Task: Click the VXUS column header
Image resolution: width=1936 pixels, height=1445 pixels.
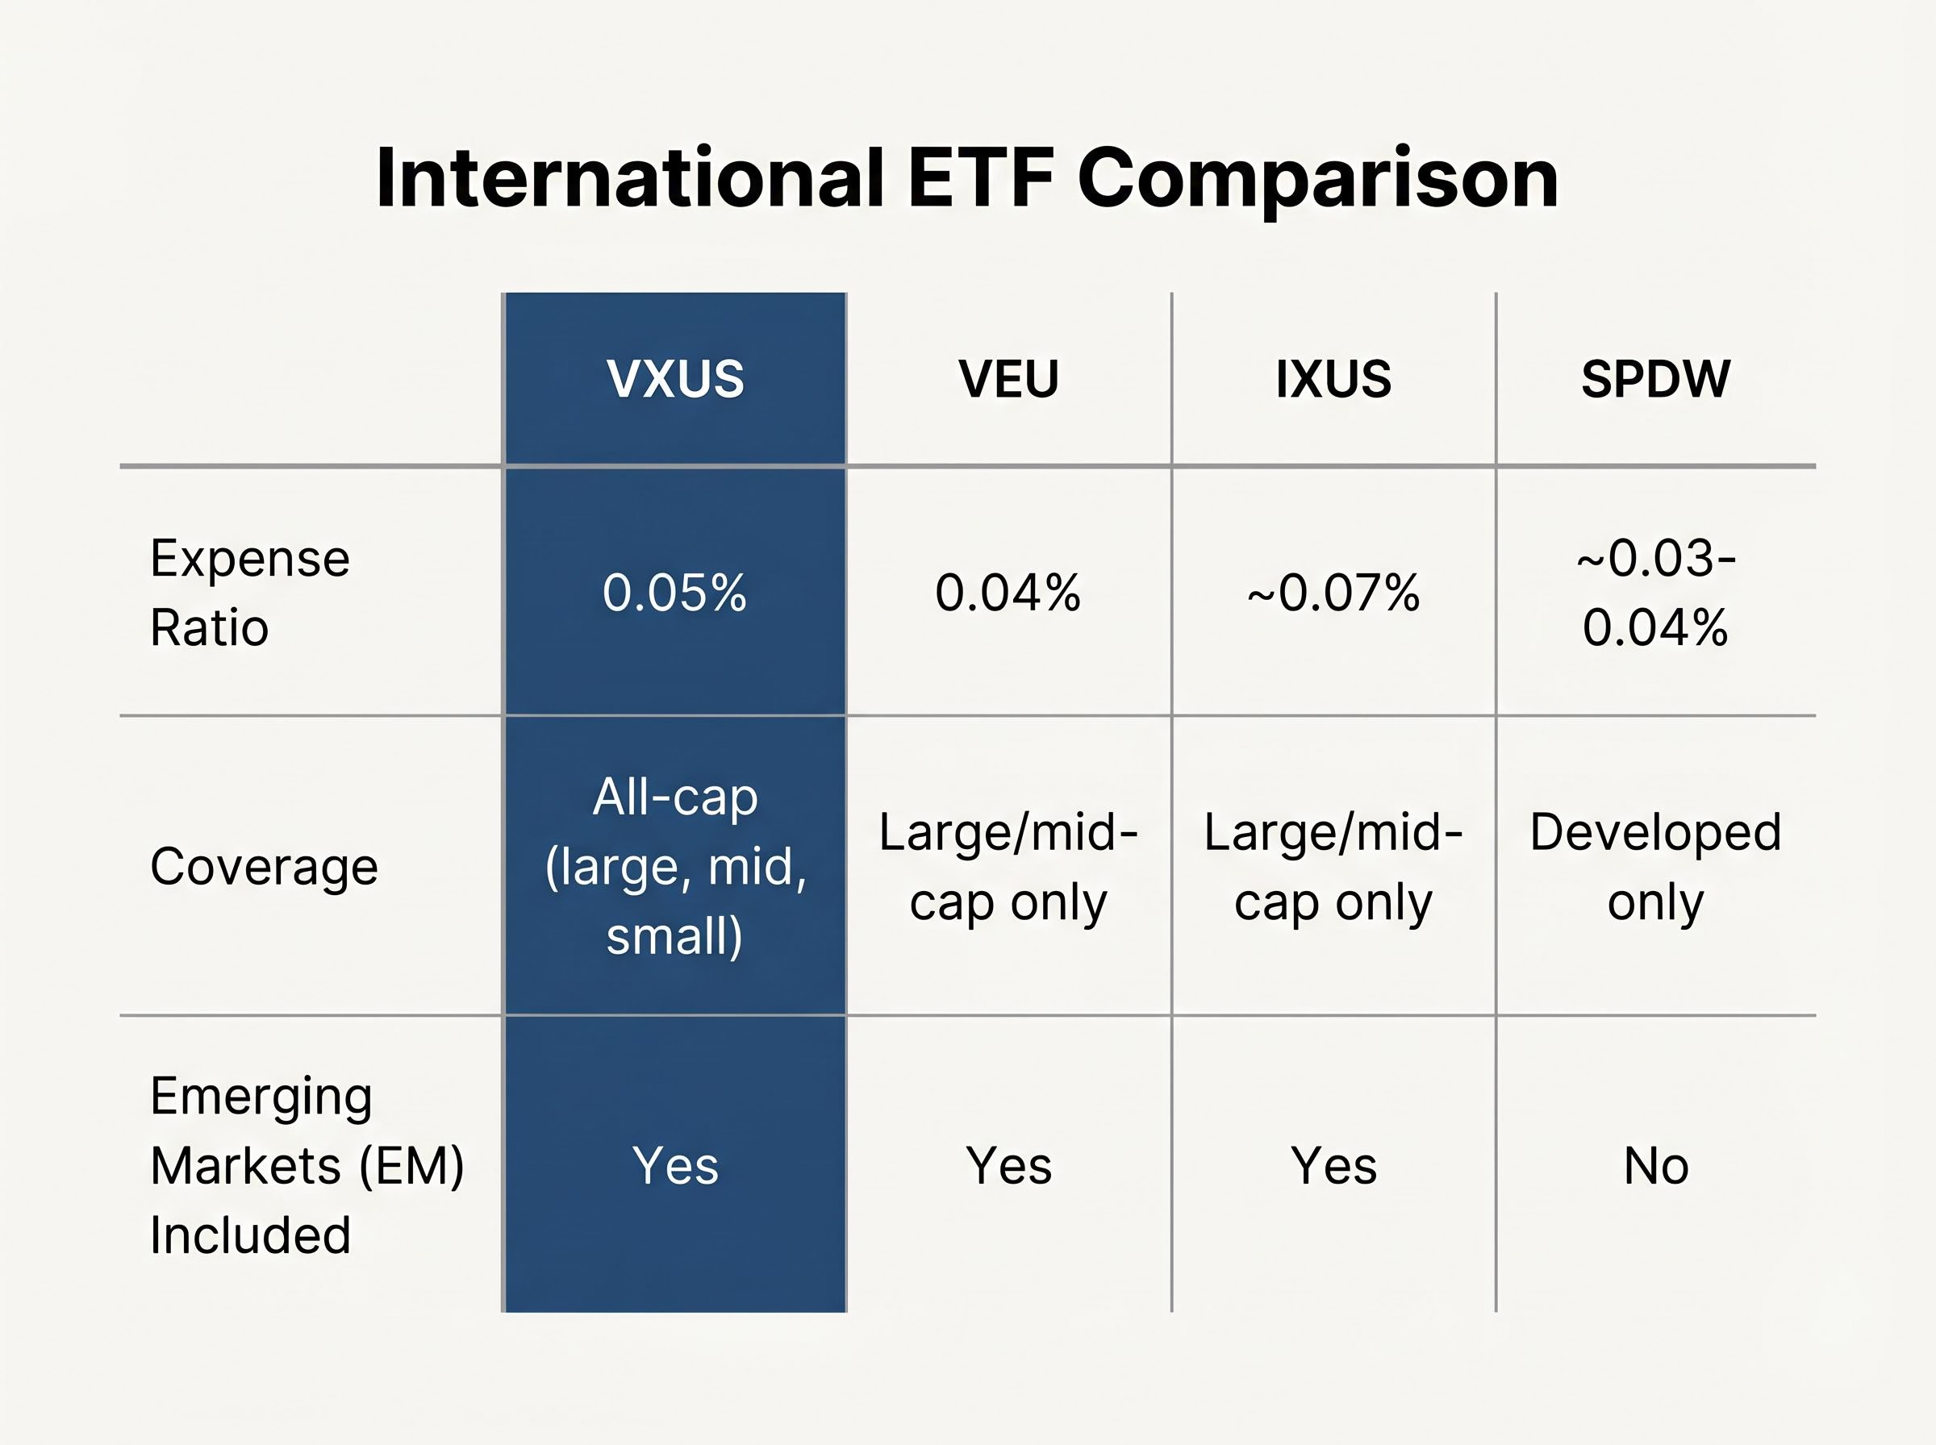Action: pos(674,379)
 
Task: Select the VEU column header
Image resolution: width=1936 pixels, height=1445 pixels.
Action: pos(1008,379)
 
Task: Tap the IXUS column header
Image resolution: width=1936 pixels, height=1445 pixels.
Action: pos(1333,379)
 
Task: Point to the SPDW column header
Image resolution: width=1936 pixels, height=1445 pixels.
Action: pos(1655,379)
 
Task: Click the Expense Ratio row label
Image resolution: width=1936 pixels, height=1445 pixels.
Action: pos(249,592)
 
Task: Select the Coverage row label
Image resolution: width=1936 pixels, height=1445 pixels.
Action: pos(265,866)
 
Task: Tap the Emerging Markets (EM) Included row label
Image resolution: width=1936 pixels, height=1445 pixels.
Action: pos(307,1164)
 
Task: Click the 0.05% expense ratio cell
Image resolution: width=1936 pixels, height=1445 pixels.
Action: pos(674,592)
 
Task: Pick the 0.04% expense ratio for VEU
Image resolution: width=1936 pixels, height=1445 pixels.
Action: pos(1008,592)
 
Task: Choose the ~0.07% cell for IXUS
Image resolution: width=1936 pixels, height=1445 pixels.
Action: pos(1333,592)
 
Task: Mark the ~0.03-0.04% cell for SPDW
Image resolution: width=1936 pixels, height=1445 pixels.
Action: pos(1655,592)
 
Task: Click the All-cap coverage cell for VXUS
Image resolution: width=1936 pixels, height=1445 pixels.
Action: pos(674,866)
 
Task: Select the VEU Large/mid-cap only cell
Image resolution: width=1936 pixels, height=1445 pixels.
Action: pos(1008,866)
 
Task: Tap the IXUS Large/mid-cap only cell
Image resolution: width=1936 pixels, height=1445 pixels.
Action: pos(1333,866)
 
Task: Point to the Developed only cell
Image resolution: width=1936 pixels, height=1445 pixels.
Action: pos(1655,866)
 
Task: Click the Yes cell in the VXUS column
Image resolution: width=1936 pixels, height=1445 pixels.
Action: pos(674,1165)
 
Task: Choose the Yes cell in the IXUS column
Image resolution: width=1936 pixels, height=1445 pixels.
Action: pos(1333,1165)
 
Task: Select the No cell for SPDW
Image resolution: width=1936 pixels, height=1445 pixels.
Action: pos(1655,1165)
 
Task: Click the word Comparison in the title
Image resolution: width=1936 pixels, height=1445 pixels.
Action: pos(1317,179)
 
